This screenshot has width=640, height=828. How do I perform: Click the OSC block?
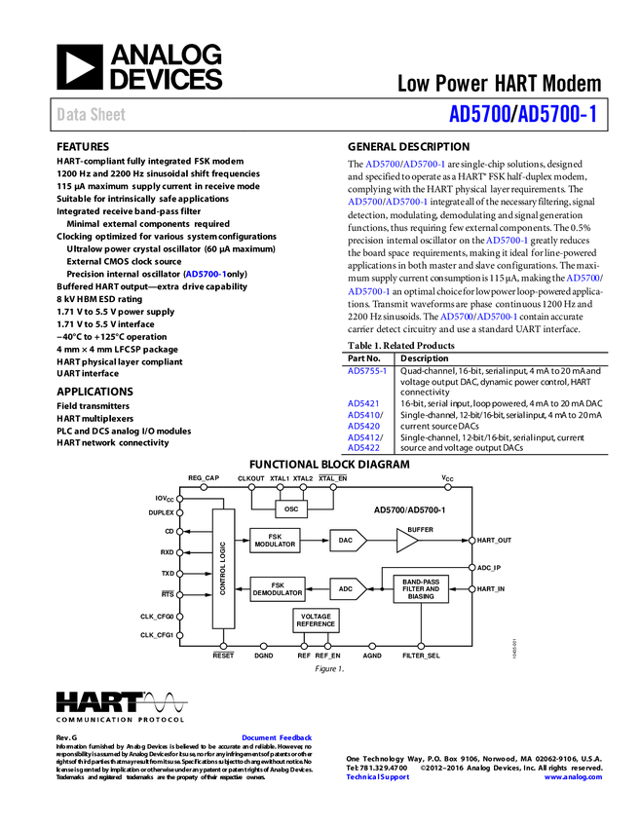click(x=291, y=509)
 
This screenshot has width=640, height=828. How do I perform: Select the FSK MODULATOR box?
click(x=275, y=540)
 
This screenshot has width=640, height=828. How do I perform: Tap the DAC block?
click(x=346, y=540)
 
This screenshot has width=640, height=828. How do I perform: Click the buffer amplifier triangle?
click(x=405, y=540)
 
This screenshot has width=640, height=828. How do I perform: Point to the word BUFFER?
click(x=420, y=529)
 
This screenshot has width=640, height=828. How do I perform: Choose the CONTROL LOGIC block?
click(x=223, y=568)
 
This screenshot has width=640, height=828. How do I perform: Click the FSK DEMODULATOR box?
click(x=278, y=589)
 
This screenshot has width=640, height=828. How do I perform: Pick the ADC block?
click(x=347, y=589)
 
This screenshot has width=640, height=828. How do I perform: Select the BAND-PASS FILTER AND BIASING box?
click(x=421, y=589)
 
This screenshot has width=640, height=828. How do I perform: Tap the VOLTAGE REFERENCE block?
click(x=316, y=621)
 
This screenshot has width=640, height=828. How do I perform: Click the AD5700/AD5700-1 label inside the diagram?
click(x=409, y=509)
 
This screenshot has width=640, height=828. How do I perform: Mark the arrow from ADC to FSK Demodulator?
click(x=318, y=589)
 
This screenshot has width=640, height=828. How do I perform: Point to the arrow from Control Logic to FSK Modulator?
click(x=243, y=540)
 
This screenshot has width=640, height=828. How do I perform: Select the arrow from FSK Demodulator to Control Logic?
click(x=243, y=589)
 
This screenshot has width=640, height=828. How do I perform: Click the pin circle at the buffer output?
click(x=472, y=540)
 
